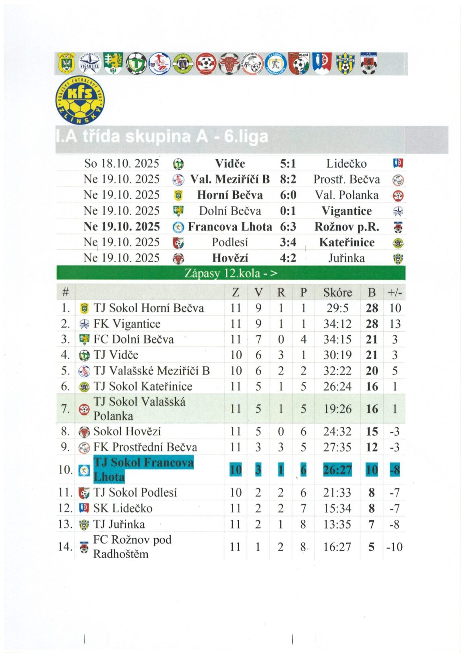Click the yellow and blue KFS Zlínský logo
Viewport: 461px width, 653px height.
(x=80, y=100)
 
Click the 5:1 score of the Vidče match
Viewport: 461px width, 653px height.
(x=288, y=164)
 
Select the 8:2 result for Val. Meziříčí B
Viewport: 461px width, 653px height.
(x=288, y=179)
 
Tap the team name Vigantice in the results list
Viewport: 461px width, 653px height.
(x=346, y=211)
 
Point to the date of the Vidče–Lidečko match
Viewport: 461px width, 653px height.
(x=122, y=164)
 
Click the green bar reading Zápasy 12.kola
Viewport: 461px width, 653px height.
(x=231, y=273)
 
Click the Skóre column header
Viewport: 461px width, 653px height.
(x=337, y=293)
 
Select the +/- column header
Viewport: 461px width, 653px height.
(x=395, y=293)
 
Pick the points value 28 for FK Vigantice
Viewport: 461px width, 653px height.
(x=372, y=324)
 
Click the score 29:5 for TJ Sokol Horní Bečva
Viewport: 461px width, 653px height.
(x=337, y=308)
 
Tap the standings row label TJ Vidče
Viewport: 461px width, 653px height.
(x=116, y=355)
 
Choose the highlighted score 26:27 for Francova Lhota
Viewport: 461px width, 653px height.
(x=337, y=470)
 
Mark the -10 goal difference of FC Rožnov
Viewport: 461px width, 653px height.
(x=395, y=547)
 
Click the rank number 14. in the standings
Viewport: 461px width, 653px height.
(x=65, y=547)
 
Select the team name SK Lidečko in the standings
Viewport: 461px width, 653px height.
(x=123, y=508)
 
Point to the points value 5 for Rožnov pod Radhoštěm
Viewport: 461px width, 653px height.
(x=371, y=547)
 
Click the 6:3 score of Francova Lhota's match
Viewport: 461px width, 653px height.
(x=288, y=227)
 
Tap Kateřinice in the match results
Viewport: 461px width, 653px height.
(x=347, y=242)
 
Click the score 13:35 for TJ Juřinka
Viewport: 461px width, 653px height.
(x=337, y=524)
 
